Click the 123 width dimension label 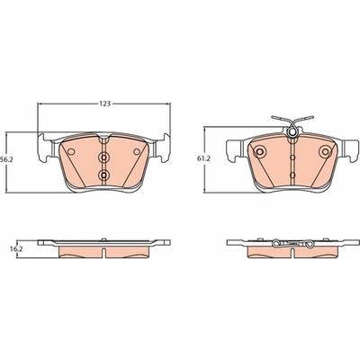click(105, 103)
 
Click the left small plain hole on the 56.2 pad click(71, 152)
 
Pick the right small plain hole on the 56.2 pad click(137, 152)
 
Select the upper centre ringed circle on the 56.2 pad click(103, 157)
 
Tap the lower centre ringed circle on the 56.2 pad click(103, 174)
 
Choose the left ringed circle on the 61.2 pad click(259, 151)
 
